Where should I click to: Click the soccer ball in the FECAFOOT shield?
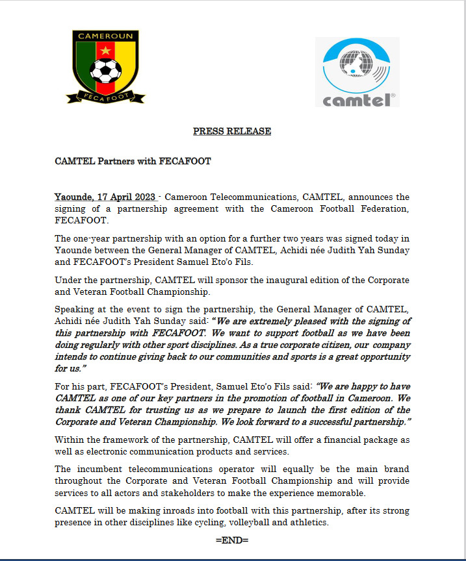(x=105, y=70)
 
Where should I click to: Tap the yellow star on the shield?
(x=105, y=50)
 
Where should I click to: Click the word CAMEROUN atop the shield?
(x=105, y=35)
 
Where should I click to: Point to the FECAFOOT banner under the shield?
(x=105, y=95)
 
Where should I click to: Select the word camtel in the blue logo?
(x=352, y=99)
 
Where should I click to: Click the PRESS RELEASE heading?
(x=232, y=131)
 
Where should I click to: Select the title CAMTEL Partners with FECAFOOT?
(x=133, y=161)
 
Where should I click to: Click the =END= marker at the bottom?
(x=232, y=540)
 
